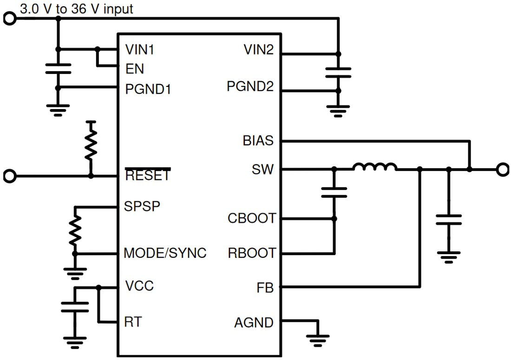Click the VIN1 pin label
coord(140,50)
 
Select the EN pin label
coord(135,69)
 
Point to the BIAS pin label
coord(258,140)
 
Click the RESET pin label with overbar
coord(148,176)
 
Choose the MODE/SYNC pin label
coord(165,254)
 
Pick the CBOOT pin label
coord(251,218)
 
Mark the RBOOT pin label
coord(251,254)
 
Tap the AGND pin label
coord(254,322)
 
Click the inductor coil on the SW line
coord(374,167)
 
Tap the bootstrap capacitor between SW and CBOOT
coord(334,193)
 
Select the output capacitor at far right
coord(448,220)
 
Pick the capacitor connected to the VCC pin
coord(75,307)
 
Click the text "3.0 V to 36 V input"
coord(76,9)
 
